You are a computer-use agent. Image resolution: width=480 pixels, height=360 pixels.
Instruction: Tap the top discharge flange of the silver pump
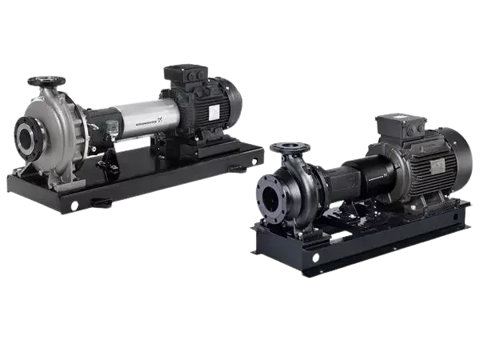coord(45,82)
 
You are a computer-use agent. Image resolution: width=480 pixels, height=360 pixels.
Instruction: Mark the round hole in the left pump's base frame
coord(74,206)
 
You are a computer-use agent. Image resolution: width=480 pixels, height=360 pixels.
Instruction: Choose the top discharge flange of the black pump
coord(290,147)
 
